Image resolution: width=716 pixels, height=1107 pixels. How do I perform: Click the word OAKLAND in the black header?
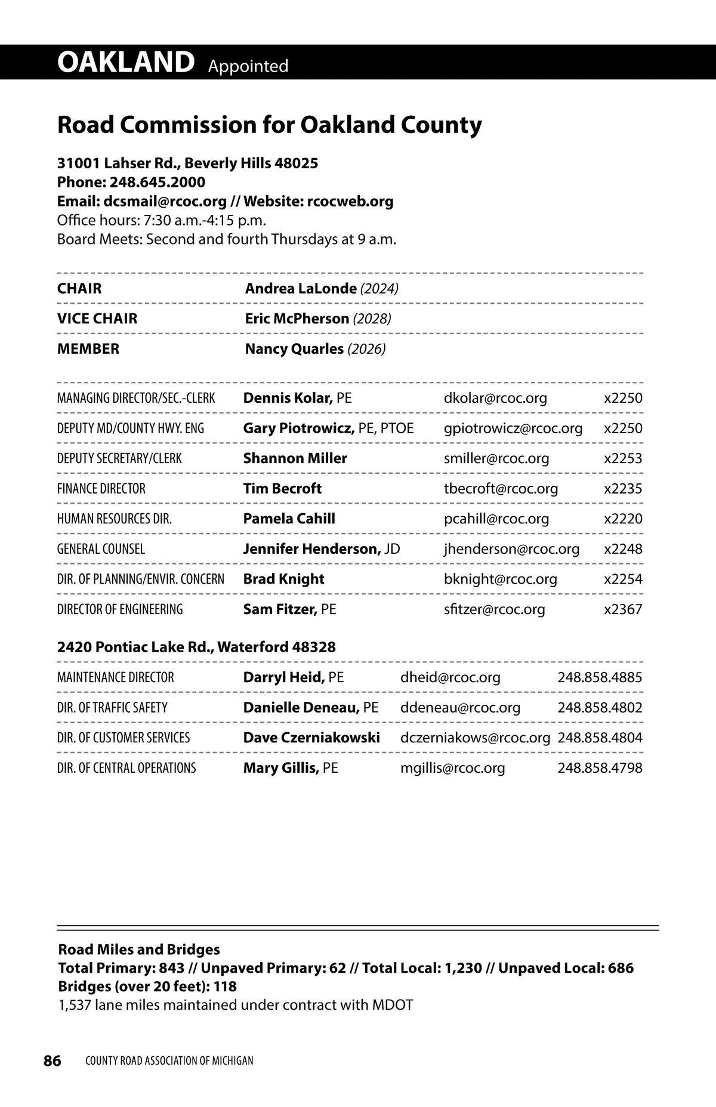click(x=126, y=62)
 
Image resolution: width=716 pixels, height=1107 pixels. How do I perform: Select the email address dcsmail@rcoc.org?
click(x=165, y=201)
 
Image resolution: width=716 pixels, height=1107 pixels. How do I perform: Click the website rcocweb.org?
click(x=350, y=201)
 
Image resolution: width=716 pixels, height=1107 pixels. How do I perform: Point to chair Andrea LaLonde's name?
click(x=301, y=289)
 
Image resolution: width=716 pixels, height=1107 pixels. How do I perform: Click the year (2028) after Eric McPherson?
click(x=372, y=319)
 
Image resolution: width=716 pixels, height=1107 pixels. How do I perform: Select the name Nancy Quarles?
click(x=294, y=349)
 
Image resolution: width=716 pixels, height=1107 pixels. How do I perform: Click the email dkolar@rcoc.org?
click(x=495, y=398)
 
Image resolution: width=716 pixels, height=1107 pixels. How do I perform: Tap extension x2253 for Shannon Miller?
click(x=623, y=458)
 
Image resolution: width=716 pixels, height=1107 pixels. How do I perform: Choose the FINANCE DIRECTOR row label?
click(x=101, y=489)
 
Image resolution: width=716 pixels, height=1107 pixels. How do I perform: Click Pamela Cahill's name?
click(x=289, y=519)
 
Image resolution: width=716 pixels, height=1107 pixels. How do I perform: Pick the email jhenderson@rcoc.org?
click(x=511, y=549)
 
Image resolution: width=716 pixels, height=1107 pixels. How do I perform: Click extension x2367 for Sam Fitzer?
click(x=623, y=609)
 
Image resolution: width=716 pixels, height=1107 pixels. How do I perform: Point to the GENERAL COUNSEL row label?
click(x=101, y=549)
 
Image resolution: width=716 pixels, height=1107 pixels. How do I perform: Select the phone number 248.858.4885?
click(x=600, y=677)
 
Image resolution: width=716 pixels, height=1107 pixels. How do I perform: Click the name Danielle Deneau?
click(x=301, y=708)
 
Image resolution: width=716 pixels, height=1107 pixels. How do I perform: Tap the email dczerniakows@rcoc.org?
click(x=475, y=738)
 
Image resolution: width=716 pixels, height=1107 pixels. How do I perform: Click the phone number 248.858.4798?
click(x=600, y=768)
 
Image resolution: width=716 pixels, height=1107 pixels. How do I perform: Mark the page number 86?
click(x=53, y=1060)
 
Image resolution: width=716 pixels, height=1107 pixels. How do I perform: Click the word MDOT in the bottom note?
click(x=393, y=1005)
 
